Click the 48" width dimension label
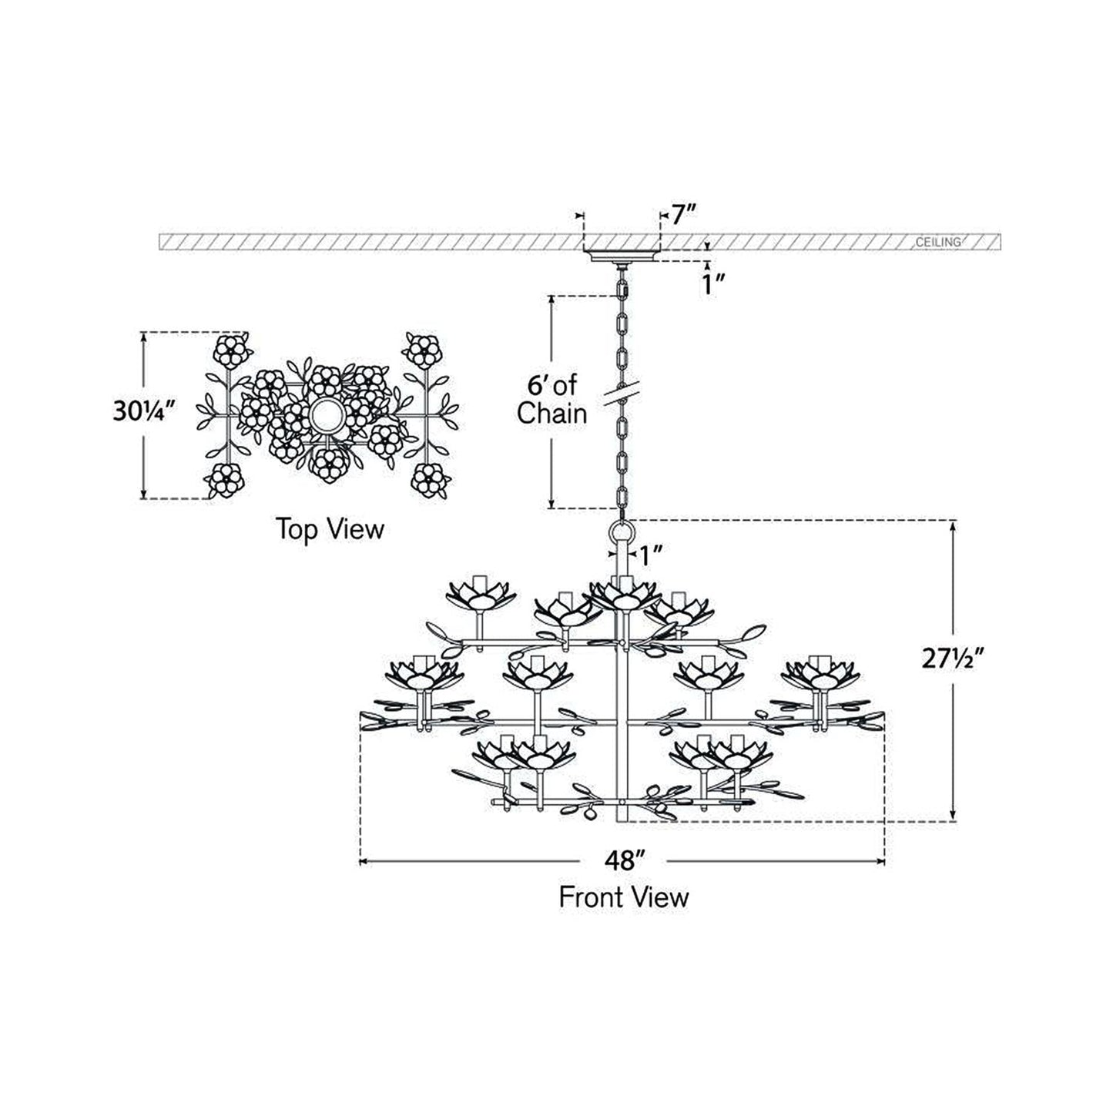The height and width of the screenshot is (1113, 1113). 623,860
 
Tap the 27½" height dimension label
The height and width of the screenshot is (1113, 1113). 952,660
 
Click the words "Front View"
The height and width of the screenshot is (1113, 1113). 623,897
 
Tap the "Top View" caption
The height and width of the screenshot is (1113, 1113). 330,529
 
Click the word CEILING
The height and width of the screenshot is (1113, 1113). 938,242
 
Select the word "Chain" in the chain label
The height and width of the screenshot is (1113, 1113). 551,414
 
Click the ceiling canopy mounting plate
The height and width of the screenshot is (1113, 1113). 622,256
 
